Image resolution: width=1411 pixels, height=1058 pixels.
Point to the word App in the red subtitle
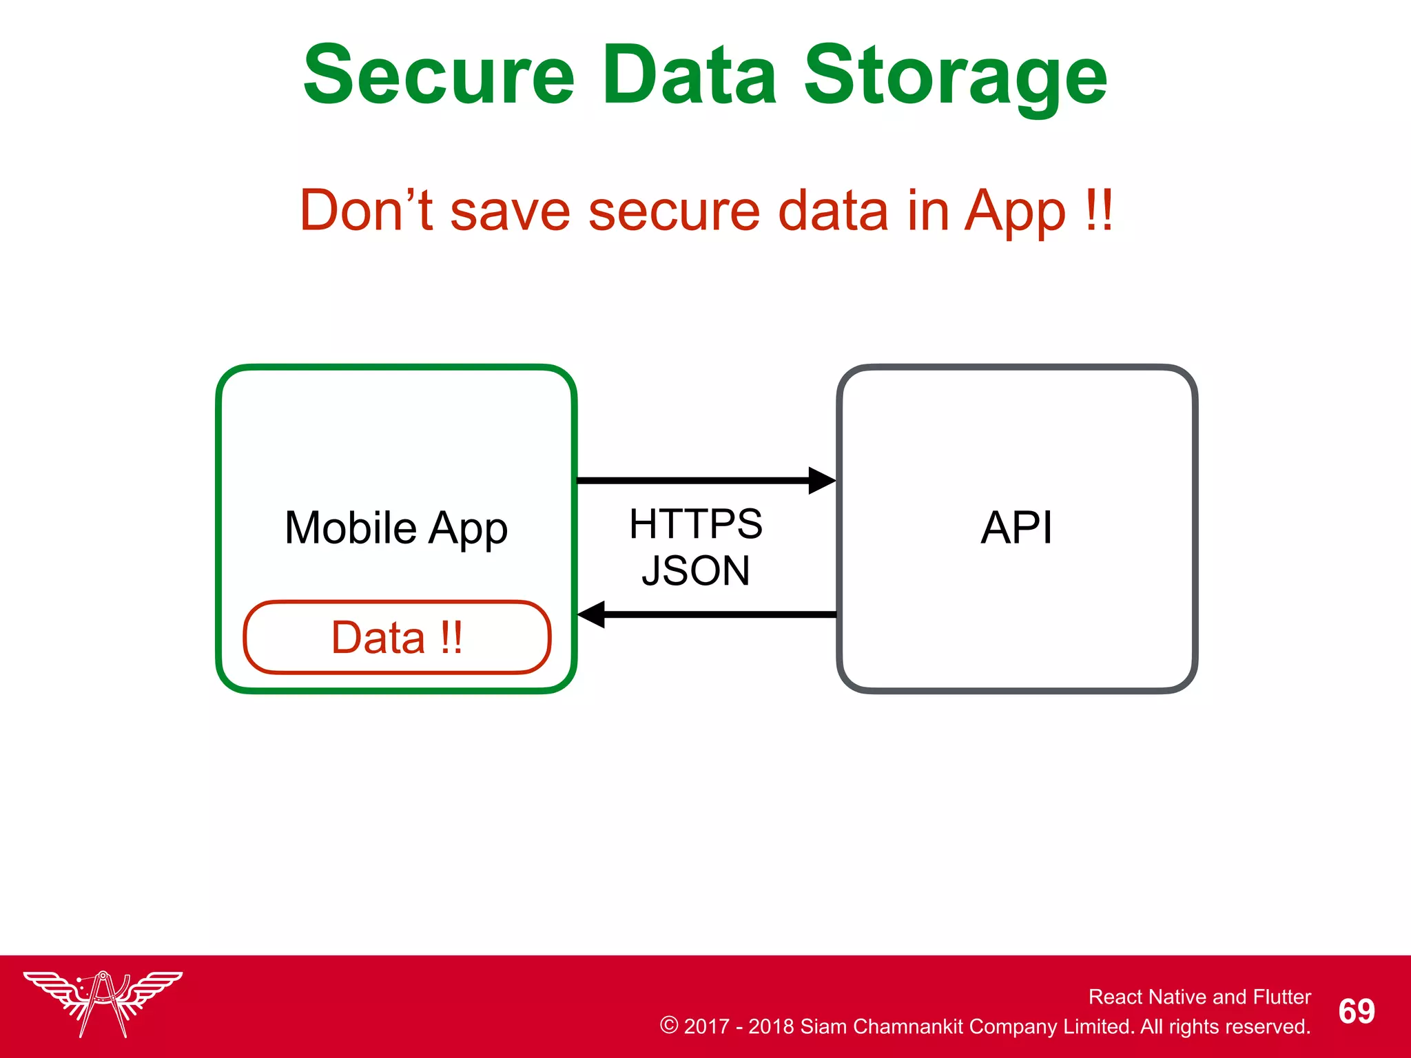pyautogui.click(x=1015, y=214)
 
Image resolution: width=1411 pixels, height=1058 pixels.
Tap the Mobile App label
pyautogui.click(x=396, y=529)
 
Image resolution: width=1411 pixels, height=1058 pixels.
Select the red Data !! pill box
pyautogui.click(x=397, y=637)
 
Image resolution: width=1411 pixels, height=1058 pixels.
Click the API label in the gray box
pyautogui.click(x=1016, y=528)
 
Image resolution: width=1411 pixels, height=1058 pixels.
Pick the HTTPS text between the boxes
pyautogui.click(x=696, y=523)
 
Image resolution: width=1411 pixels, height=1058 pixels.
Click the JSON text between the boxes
pyautogui.click(x=696, y=570)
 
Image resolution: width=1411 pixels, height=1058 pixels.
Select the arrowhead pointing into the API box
pyautogui.click(x=821, y=481)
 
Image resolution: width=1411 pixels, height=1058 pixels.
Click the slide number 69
pyautogui.click(x=1356, y=1011)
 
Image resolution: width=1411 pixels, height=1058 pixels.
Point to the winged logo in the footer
pyautogui.click(x=103, y=1002)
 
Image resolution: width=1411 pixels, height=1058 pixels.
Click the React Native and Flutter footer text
pyautogui.click(x=1199, y=997)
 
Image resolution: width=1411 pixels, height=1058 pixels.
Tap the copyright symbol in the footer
pyautogui.click(x=668, y=1025)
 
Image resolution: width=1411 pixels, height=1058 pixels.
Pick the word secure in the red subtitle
pyautogui.click(x=673, y=211)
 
